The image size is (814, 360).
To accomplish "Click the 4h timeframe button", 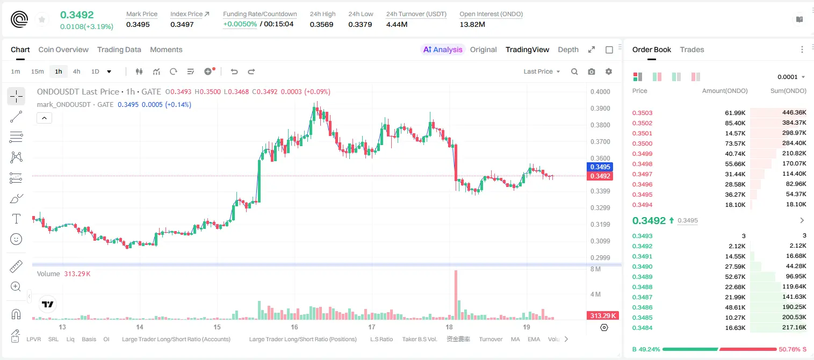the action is pos(76,71).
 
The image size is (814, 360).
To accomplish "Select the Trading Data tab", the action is pos(119,49).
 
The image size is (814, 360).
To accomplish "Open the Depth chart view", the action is pos(568,49).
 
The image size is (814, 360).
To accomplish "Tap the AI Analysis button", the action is pos(443,49).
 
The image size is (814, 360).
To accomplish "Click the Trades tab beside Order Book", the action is pos(692,49).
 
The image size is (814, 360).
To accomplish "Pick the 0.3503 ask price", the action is pos(642,113).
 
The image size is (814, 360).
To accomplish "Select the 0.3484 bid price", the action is pos(642,328).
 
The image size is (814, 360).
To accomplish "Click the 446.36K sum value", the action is pos(794,113).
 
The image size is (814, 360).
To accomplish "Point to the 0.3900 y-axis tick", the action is pos(600,108).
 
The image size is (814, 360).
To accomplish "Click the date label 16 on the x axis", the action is pos(294,327).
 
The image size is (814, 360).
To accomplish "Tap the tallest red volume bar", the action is pos(456,295).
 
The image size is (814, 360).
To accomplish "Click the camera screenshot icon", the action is pos(592,71).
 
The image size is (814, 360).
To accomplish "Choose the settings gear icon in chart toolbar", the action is pos(609,71).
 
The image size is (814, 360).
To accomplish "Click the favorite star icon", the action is pos(42,19).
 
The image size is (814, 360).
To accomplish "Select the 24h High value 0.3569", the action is pos(322,24).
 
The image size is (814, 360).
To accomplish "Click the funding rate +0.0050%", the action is pos(240,24).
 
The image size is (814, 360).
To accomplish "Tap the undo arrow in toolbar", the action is pos(234,71).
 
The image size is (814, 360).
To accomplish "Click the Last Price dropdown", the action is pos(542,71).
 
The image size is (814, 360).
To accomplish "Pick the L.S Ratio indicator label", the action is pos(381,339).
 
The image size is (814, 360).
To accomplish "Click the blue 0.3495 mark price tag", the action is pos(600,167).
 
